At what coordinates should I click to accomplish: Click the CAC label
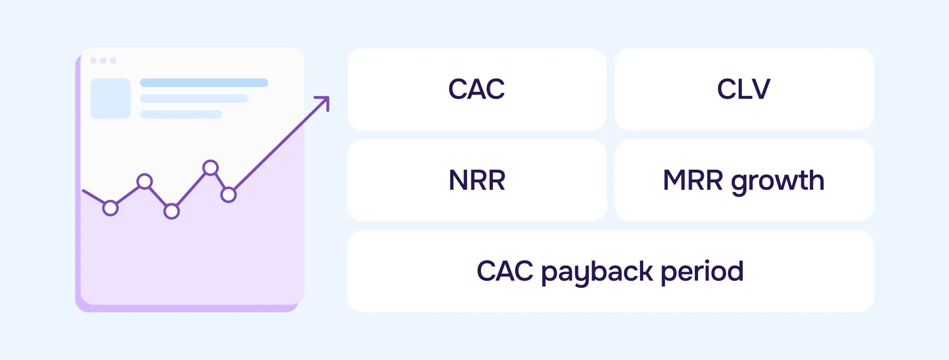477,89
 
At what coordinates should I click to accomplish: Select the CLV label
743,89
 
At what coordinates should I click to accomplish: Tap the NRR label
477,180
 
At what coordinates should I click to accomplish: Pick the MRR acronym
693,180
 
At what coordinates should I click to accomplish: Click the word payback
597,272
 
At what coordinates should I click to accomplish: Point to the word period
702,272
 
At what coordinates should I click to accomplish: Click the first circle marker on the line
110,208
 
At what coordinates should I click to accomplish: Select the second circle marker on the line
144,182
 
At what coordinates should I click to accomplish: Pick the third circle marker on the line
171,211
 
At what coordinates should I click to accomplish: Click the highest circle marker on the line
210,168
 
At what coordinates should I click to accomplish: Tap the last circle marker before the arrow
228,195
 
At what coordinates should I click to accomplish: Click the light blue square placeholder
110,99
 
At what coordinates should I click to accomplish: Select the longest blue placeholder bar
204,83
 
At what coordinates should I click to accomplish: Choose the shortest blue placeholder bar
181,114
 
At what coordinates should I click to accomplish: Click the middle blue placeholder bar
193,99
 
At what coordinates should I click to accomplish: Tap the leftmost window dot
93,61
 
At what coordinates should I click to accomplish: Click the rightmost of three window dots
113,61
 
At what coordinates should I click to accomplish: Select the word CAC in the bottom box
505,271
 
